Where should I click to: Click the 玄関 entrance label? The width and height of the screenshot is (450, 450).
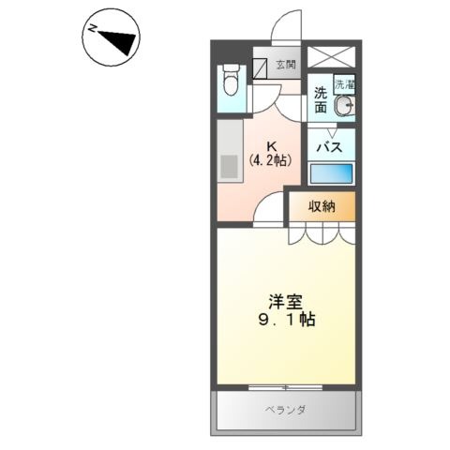point(286,65)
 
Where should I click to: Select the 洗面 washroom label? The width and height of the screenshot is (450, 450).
point(321,100)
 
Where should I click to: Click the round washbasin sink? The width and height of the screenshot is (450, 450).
point(345,105)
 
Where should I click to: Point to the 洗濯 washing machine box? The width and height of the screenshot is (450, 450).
point(345,84)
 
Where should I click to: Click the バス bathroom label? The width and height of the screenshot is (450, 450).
point(330,147)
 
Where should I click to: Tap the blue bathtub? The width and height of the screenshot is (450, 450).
point(331,173)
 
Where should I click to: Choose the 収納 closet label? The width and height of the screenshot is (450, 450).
point(322,206)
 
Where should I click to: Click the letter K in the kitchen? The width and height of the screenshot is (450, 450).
point(272,146)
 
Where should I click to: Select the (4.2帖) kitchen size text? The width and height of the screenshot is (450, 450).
point(271,160)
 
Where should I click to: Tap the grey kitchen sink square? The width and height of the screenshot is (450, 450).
point(229,166)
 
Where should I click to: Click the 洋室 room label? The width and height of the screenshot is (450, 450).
point(286,302)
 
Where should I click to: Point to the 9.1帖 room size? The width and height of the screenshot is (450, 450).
point(286,320)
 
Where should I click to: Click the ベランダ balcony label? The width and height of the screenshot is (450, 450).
point(285,410)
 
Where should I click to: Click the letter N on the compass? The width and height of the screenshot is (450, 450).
point(92,28)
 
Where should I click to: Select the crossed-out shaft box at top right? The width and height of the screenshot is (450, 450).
point(332,57)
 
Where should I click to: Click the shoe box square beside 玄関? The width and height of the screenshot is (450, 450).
point(260,68)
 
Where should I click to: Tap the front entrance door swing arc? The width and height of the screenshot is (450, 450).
point(286,26)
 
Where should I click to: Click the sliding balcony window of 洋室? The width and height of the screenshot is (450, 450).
point(285,387)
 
